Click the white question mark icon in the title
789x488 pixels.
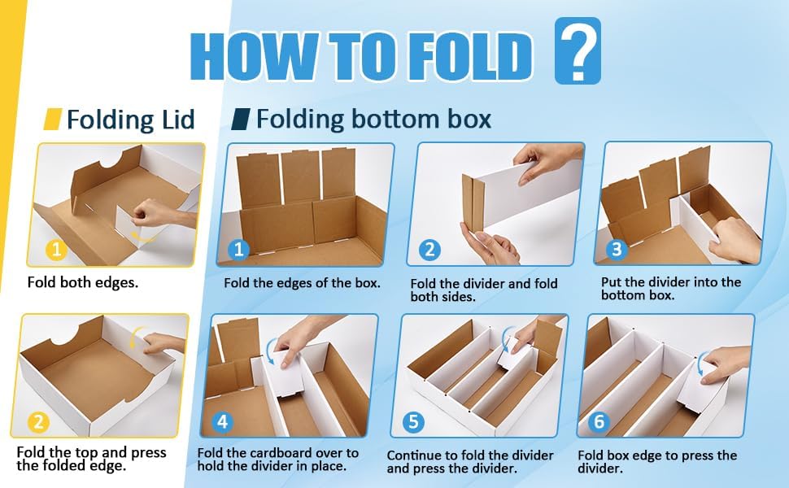click(578, 50)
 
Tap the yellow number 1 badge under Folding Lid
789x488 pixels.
click(56, 250)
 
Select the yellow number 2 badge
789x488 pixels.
click(38, 421)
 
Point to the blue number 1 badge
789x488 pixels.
click(238, 250)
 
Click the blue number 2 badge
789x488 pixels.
click(429, 250)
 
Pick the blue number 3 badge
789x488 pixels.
click(617, 249)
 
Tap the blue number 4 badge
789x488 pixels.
click(223, 421)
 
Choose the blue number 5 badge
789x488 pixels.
click(413, 421)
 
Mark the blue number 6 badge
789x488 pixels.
click(599, 421)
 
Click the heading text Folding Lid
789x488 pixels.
click(130, 120)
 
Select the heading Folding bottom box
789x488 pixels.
click(373, 120)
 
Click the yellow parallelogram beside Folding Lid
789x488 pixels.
click(53, 120)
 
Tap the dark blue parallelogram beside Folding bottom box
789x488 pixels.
click(241, 120)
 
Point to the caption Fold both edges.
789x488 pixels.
click(82, 282)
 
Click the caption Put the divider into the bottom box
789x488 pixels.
click(671, 288)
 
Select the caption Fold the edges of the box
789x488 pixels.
click(302, 283)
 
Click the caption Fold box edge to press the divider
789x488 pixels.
click(657, 462)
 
